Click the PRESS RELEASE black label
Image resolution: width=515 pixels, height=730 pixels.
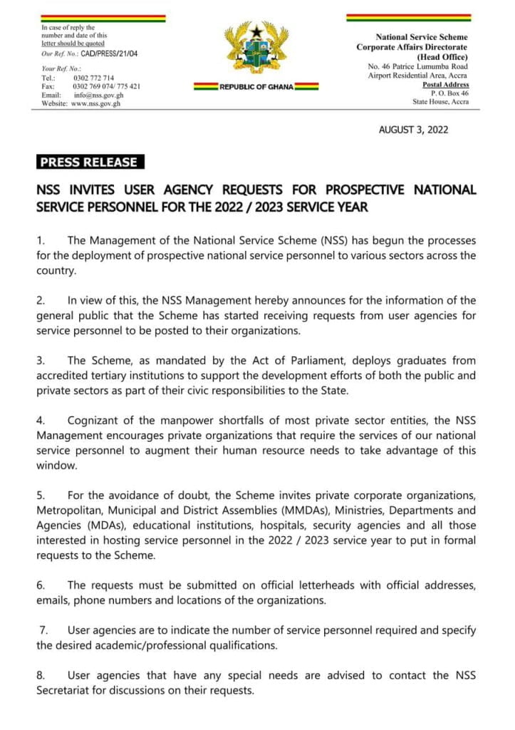(x=89, y=162)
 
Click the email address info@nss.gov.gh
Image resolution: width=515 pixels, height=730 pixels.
(x=98, y=95)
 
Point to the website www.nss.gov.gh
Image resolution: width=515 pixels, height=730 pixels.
(x=95, y=103)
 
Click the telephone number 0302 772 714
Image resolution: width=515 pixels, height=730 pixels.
(x=93, y=77)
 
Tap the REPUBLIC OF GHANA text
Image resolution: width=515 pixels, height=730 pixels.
(x=256, y=86)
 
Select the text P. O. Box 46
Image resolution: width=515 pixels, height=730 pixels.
(x=449, y=93)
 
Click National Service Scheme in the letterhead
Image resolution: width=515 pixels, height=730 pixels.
(x=422, y=36)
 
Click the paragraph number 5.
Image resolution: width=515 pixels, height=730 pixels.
(x=41, y=495)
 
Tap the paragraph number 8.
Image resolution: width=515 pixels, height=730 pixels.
(x=41, y=675)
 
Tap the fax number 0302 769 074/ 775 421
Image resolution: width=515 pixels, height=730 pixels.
(x=106, y=86)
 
